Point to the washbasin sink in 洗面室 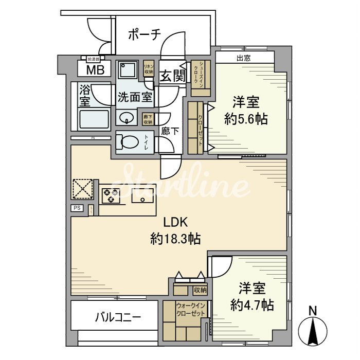tap(125, 119)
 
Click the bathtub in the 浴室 tap(94, 119)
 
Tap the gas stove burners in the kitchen tap(111, 195)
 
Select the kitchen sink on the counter tap(140, 196)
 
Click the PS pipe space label tap(77, 208)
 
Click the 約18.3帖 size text tap(175, 239)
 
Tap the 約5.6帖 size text tap(246, 119)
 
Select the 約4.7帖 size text tap(252, 304)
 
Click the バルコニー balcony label tap(118, 317)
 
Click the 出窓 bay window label tap(244, 58)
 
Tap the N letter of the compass tap(312, 311)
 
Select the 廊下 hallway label tap(170, 131)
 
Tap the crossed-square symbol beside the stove tap(82, 189)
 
